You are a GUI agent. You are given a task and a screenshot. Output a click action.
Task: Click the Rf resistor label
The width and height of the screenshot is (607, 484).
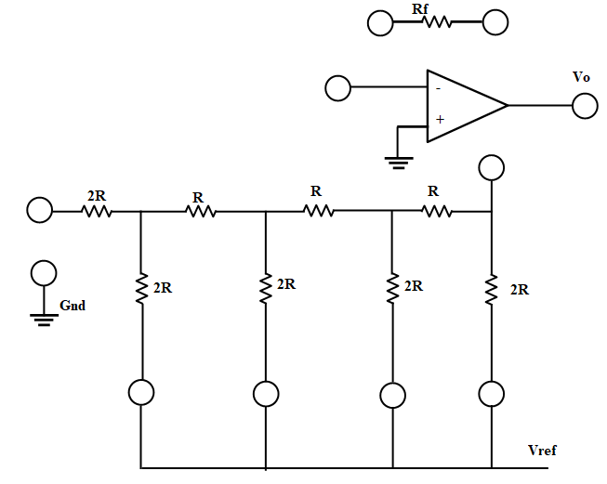click(420, 8)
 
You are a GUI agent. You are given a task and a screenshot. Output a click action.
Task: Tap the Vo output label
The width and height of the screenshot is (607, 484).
click(581, 77)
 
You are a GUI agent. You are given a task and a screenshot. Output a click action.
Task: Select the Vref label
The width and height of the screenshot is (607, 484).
click(542, 451)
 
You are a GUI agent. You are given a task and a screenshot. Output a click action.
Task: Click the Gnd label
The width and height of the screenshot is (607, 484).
click(73, 305)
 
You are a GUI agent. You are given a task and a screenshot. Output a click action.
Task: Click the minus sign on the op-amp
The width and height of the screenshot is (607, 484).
click(437, 89)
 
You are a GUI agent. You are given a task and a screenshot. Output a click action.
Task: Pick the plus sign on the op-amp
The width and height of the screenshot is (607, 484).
click(439, 120)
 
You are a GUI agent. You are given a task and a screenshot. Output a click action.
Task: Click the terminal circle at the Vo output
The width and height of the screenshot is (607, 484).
click(585, 106)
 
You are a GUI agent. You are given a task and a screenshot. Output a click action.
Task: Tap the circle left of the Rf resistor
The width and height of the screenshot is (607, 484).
click(380, 23)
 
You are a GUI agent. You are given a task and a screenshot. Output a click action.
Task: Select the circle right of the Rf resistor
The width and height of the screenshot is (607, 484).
click(495, 23)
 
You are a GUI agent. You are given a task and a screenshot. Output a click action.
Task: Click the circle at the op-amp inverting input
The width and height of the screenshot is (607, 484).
click(337, 89)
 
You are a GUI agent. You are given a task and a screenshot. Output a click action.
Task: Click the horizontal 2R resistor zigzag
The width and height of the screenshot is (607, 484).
click(97, 212)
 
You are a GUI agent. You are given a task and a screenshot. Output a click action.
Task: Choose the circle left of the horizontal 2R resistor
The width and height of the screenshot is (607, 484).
click(40, 211)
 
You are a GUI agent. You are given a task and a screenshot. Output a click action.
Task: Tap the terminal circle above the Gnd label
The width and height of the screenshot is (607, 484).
click(43, 273)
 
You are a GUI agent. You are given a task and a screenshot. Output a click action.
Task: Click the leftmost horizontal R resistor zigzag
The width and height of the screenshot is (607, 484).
click(200, 212)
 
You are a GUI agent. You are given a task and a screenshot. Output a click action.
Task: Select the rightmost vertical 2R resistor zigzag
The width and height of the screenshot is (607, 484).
click(491, 289)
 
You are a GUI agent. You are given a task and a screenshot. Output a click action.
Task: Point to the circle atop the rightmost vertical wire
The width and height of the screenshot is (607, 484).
click(491, 168)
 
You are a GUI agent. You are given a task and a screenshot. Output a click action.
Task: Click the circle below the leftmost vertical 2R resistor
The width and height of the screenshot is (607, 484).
click(141, 393)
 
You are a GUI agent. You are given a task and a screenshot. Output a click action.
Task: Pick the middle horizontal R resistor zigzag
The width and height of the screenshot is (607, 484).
click(318, 212)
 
